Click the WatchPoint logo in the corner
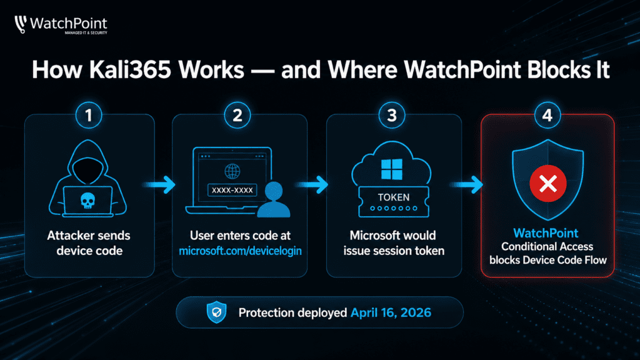coord(61,25)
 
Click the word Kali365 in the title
coord(130,69)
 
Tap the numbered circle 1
coord(89,116)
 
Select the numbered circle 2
coord(237,116)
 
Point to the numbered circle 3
coord(392,116)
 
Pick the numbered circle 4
coord(547,116)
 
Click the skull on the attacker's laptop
coord(87,201)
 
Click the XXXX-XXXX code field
coord(232,190)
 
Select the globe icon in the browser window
coord(232,171)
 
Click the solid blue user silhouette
coord(274,199)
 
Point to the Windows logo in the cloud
coord(392,169)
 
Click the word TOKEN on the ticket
coord(394,197)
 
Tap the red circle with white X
coord(547,184)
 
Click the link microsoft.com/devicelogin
coord(240,251)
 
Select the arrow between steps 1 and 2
coord(159,184)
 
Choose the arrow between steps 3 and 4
coord(467,184)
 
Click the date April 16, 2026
coord(391,312)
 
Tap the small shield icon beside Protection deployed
coord(216,312)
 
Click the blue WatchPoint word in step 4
coord(546,233)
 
